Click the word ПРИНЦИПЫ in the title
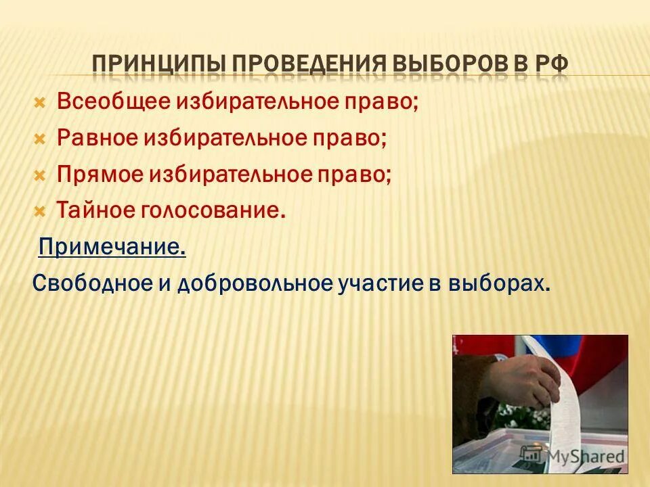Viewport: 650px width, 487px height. (x=159, y=66)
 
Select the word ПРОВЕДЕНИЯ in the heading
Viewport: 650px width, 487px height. (x=299, y=66)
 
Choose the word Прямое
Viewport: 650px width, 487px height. (x=99, y=175)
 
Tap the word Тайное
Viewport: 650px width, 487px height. (x=94, y=210)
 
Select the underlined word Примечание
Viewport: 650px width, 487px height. (x=112, y=247)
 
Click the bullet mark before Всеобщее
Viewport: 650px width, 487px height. (x=39, y=103)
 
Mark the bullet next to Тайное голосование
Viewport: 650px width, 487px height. (x=39, y=211)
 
